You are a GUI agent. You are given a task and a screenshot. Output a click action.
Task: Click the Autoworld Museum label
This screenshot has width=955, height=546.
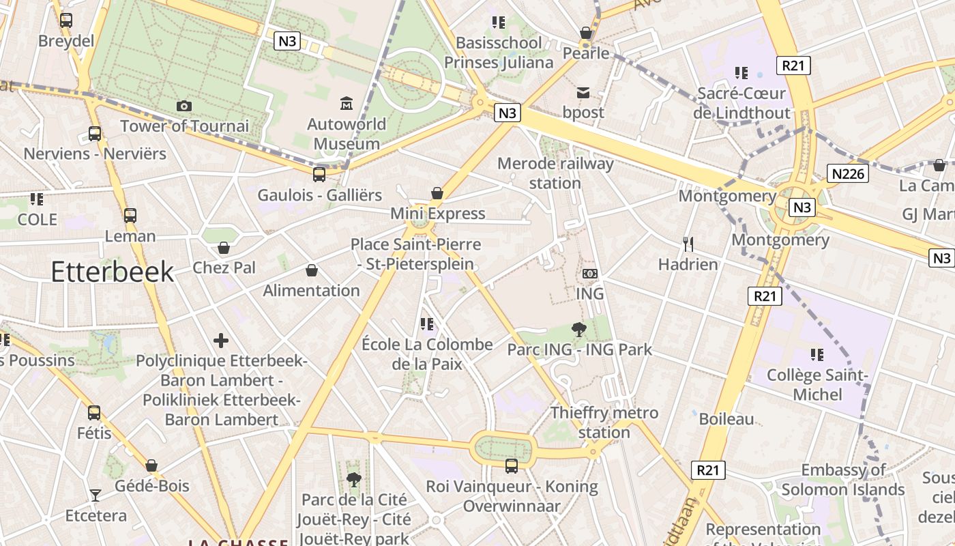pyautogui.click(x=347, y=134)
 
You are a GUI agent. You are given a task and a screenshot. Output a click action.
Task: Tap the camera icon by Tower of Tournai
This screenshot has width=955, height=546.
pyautogui.click(x=183, y=106)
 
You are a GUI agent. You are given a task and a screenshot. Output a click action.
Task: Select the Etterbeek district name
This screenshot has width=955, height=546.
pyautogui.click(x=113, y=272)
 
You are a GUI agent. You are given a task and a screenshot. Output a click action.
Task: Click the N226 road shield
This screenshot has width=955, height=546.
pyautogui.click(x=849, y=173)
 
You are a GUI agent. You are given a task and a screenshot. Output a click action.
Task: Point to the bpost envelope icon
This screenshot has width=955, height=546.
pyautogui.click(x=583, y=93)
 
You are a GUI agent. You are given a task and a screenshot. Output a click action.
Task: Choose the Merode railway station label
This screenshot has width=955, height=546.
pyautogui.click(x=555, y=173)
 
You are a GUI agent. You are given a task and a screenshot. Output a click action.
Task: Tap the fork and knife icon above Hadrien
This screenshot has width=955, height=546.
pyautogui.click(x=688, y=244)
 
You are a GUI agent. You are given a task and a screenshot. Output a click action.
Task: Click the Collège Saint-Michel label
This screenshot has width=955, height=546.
pyautogui.click(x=817, y=385)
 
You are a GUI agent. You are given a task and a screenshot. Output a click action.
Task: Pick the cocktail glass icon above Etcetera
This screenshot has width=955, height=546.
pyautogui.click(x=95, y=495)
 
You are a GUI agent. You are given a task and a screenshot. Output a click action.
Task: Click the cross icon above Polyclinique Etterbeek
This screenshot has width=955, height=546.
pyautogui.click(x=221, y=341)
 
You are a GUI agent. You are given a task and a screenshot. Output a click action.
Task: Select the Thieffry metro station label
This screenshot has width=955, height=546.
pyautogui.click(x=604, y=422)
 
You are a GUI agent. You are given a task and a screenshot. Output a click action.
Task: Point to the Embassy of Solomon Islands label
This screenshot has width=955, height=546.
pyautogui.click(x=843, y=480)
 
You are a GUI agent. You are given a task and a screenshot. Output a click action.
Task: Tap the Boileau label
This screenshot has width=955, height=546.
pyautogui.click(x=726, y=419)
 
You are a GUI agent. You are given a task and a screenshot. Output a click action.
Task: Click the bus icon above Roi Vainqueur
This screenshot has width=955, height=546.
pyautogui.click(x=511, y=466)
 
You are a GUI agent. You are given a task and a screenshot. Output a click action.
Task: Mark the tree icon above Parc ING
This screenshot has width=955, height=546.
pyautogui.click(x=579, y=330)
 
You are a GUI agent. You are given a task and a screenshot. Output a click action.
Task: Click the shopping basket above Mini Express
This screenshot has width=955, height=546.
pyautogui.click(x=437, y=193)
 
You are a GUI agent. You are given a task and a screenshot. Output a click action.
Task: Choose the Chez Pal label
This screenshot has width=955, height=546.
pyautogui.click(x=224, y=268)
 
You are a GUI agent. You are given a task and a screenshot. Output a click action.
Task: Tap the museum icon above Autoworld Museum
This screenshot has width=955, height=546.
pyautogui.click(x=347, y=104)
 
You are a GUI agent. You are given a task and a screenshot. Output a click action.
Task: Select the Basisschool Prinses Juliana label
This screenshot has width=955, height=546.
pyautogui.click(x=499, y=53)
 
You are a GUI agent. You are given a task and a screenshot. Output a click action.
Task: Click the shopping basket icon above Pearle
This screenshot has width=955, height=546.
pyautogui.click(x=585, y=33)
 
